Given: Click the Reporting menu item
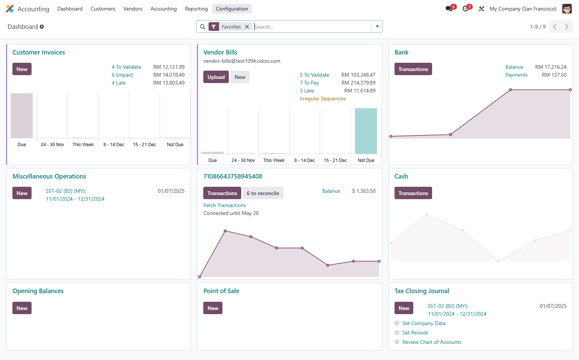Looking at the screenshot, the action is point(196,9).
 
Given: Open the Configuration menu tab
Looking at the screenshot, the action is point(232,9).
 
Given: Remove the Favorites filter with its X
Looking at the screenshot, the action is point(247,27).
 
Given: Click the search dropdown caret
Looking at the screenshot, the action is point(377,26).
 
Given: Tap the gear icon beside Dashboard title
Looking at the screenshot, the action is point(42,27).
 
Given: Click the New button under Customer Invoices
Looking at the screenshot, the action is point(22,69).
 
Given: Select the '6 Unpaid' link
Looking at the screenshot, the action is point(122,75).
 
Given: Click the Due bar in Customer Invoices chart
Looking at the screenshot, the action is point(22,115).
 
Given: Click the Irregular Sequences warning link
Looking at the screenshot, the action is point(323,98).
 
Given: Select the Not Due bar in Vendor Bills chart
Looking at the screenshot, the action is point(366,131).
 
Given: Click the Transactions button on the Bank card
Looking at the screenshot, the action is point(413,69).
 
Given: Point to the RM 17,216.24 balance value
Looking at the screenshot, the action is point(551,67).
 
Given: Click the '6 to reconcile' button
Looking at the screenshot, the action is point(263,193).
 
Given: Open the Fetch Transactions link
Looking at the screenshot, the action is point(224,205).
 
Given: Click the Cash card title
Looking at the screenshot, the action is point(401,176).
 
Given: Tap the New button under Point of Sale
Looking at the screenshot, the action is point(213,308).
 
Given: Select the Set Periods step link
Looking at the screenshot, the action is point(415,333).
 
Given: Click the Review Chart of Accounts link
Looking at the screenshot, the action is point(432,342).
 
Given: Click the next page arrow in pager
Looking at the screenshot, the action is point(567,27).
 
